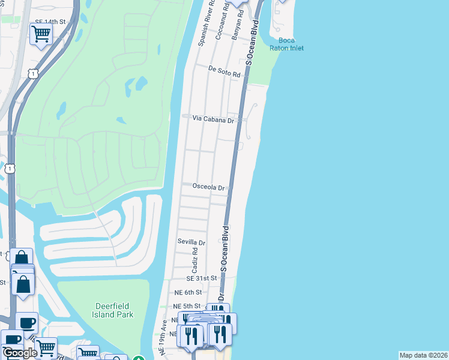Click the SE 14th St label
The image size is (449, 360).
[49, 21]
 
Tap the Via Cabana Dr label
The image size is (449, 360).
[213, 119]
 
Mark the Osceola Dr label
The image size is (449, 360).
[208, 187]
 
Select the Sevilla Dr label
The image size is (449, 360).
[191, 242]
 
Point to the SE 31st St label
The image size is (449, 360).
[201, 278]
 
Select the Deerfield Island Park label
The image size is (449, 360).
[114, 310]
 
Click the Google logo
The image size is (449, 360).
[19, 353]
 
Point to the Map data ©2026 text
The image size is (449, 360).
[423, 355]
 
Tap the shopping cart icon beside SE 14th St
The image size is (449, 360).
[41, 34]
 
